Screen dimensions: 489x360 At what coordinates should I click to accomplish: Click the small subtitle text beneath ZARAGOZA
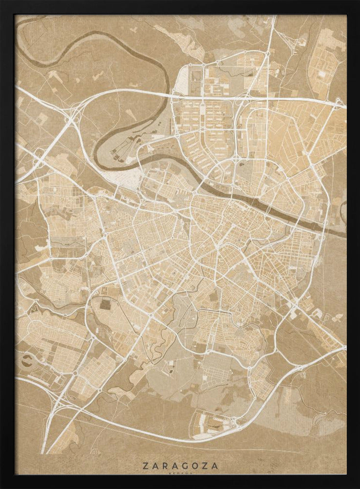tap(180, 473)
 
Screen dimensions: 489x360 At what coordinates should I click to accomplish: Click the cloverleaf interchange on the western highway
tap(71, 117)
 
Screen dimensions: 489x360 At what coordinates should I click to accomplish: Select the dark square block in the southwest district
tap(105, 305)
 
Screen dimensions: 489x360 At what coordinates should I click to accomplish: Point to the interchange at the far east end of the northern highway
tap(338, 102)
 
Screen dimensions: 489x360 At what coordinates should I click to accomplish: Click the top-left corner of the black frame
tap(1, 1)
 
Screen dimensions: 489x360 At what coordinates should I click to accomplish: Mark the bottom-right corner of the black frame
tap(358, 487)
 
